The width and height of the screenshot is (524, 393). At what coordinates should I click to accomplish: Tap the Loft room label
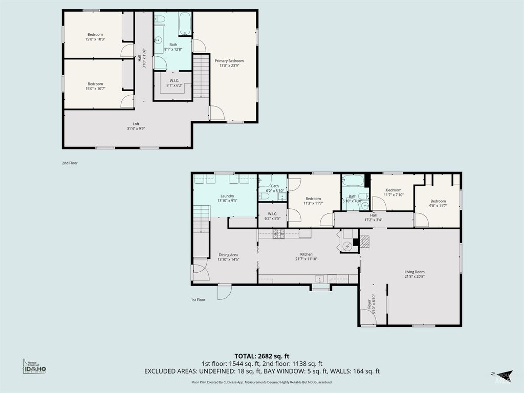136,124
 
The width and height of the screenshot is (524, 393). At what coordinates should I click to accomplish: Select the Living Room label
414,272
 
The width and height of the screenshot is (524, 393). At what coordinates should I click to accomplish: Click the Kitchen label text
306,254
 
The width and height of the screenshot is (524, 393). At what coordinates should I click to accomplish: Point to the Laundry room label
227,196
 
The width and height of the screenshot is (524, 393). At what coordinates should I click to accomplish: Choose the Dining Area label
229,255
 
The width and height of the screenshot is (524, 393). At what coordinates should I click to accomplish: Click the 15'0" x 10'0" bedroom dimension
95,39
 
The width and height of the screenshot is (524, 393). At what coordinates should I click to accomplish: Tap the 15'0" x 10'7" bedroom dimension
95,89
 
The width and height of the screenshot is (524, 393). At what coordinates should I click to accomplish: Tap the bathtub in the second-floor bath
185,24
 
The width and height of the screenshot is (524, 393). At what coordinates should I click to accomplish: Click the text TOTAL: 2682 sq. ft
261,356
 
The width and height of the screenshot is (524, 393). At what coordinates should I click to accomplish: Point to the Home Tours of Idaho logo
34,366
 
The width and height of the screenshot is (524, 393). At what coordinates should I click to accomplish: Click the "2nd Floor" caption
70,163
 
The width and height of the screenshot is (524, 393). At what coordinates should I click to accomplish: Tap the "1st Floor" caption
198,299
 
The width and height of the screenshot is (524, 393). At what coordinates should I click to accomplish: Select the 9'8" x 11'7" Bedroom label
438,203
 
